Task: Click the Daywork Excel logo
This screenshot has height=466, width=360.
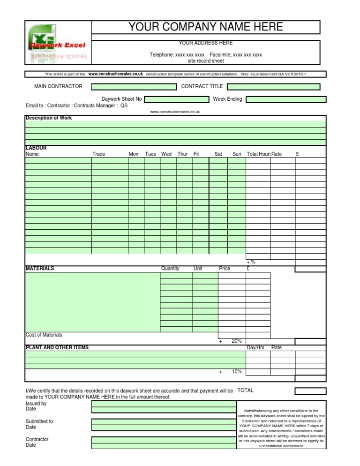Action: (58, 44)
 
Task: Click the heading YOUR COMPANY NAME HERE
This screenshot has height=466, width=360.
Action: (206, 27)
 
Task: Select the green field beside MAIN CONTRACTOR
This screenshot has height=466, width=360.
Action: (134, 87)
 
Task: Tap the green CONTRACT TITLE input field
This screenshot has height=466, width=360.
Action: (273, 87)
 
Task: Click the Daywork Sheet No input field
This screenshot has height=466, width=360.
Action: (176, 99)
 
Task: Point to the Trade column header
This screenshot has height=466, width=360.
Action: (99, 154)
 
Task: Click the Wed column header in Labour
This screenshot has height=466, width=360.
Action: (166, 154)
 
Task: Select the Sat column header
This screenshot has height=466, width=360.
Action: (218, 154)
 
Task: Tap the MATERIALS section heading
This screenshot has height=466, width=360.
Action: (40, 269)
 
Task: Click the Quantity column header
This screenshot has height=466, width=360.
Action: (170, 269)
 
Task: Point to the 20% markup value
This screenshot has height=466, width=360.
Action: (237, 341)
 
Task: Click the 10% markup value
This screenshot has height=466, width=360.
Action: (237, 372)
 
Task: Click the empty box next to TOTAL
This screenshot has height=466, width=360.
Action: (310, 391)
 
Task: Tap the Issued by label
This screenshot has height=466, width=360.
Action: (36, 404)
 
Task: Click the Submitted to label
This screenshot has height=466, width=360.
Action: (39, 421)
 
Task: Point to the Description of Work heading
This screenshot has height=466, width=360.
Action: (49, 118)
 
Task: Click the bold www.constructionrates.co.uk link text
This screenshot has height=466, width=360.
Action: (115, 74)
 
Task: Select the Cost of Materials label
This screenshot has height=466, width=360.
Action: (44, 335)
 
